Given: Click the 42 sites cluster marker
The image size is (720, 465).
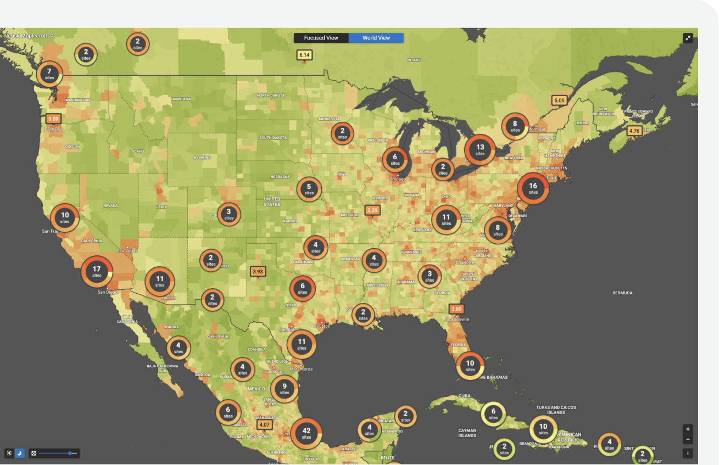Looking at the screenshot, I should coord(306,433).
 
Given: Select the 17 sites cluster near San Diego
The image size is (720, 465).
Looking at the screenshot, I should coord(97,271).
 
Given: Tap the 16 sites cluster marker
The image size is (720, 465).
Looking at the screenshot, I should coord(533,188).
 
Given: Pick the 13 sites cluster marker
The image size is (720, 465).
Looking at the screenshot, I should coord(480,150).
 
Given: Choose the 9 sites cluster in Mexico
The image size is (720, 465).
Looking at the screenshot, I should coord(284,389).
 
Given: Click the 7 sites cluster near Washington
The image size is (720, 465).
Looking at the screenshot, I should coord(49,74).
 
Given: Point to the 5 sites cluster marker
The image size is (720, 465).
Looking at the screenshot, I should coord(309,189).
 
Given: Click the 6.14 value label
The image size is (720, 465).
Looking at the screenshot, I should coord(304,55).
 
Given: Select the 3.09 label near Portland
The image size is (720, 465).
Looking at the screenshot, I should coord(53,119).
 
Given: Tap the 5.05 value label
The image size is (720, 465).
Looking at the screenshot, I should coord(559,100).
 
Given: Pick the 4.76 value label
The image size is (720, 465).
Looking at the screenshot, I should coord(634,131).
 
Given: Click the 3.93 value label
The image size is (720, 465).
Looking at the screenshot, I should coord(258,271).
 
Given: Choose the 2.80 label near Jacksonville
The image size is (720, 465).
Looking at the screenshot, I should coord(456,309).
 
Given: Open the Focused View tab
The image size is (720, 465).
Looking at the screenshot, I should coord(321,38).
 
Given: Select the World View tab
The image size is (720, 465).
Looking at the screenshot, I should coord(376,38).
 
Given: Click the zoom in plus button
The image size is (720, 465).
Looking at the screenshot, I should coord(688,429).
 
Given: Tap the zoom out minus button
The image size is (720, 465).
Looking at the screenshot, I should coord(688,439).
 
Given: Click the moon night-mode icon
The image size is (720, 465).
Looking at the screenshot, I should coord(19,453).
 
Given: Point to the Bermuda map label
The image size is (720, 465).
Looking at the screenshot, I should coord(622,293).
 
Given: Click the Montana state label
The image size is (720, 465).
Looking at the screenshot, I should coord(181,99).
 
